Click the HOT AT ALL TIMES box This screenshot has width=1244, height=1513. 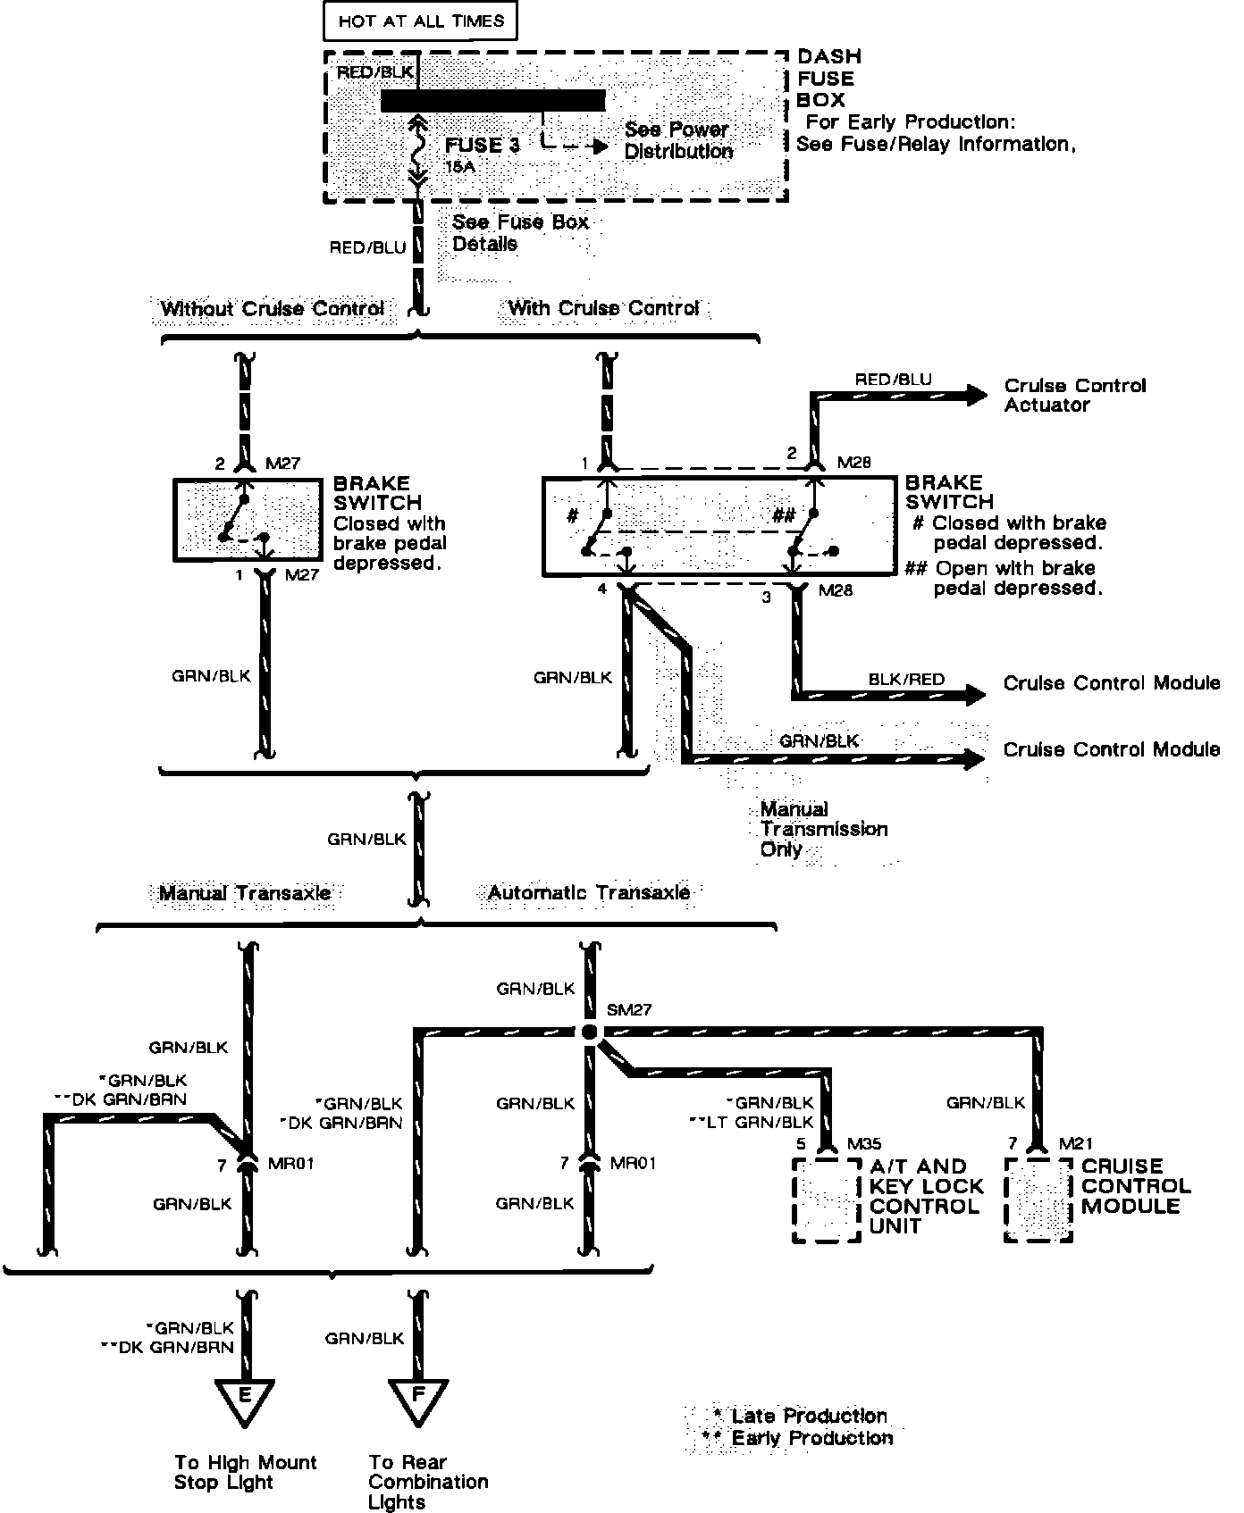pyautogui.click(x=420, y=21)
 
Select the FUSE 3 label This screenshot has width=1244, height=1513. pyautogui.click(x=482, y=145)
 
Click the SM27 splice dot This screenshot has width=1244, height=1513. pyautogui.click(x=588, y=1032)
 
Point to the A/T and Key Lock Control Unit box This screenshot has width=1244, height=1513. pyautogui.click(x=827, y=1200)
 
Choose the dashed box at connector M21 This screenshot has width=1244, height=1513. pyautogui.click(x=1038, y=1200)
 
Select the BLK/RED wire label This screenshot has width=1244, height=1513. pyautogui.click(x=906, y=680)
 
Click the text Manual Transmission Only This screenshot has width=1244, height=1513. pyautogui.click(x=823, y=829)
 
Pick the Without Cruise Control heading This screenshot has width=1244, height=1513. pyautogui.click(x=272, y=309)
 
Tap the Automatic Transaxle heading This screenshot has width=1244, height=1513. pyautogui.click(x=588, y=892)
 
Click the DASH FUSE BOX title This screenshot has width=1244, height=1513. pyautogui.click(x=828, y=79)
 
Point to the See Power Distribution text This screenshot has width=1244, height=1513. pyautogui.click(x=677, y=140)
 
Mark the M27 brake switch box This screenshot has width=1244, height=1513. pyautogui.click(x=248, y=520)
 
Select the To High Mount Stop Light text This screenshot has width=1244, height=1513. pyautogui.click(x=245, y=1472)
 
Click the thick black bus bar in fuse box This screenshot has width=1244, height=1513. pyautogui.click(x=492, y=101)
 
